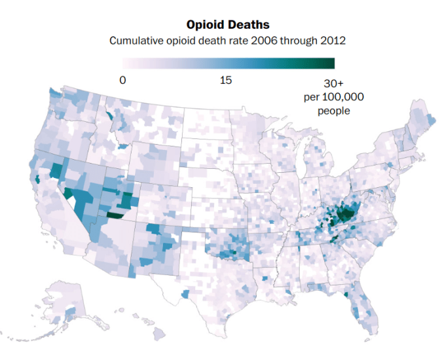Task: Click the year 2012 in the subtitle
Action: [x=333, y=41]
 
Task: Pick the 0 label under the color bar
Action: [x=122, y=81]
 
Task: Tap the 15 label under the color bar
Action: [x=226, y=81]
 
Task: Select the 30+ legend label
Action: [x=335, y=84]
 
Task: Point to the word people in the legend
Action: [x=334, y=110]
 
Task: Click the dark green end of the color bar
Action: [x=327, y=63]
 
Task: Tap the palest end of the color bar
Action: [x=126, y=63]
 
